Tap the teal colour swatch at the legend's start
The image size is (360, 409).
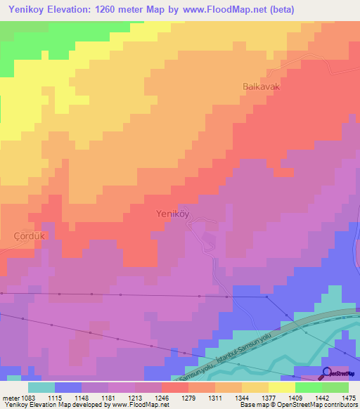point(41,387)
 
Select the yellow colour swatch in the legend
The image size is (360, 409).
point(281,387)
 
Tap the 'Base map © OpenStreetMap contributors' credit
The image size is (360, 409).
point(297,405)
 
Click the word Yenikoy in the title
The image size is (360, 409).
point(29,9)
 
